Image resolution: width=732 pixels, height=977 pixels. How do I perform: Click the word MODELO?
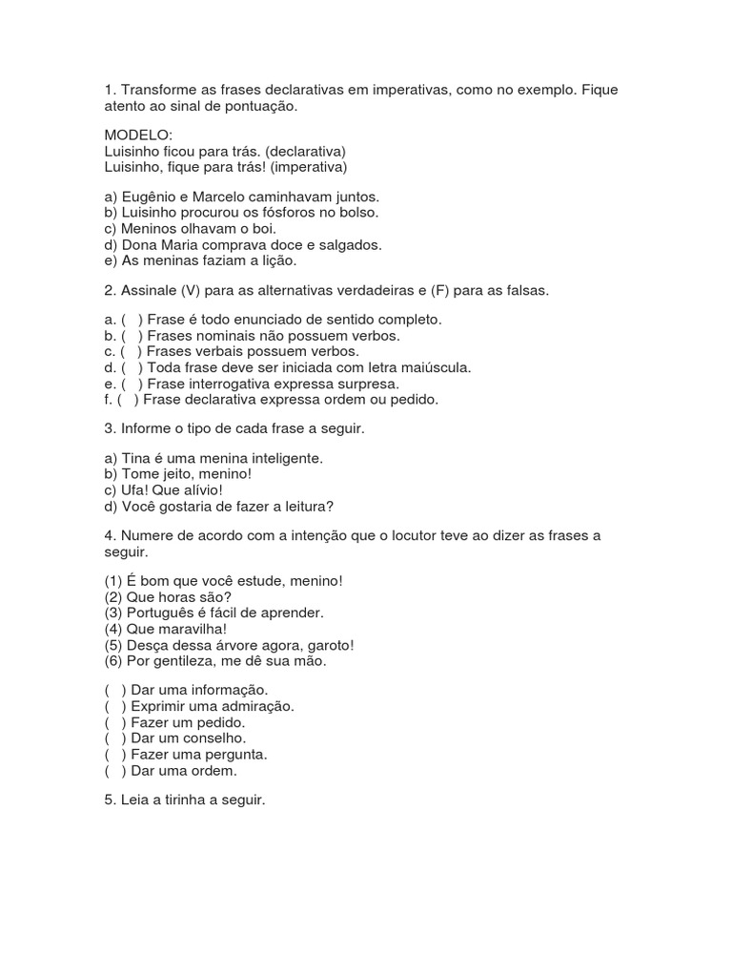pos(138,136)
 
